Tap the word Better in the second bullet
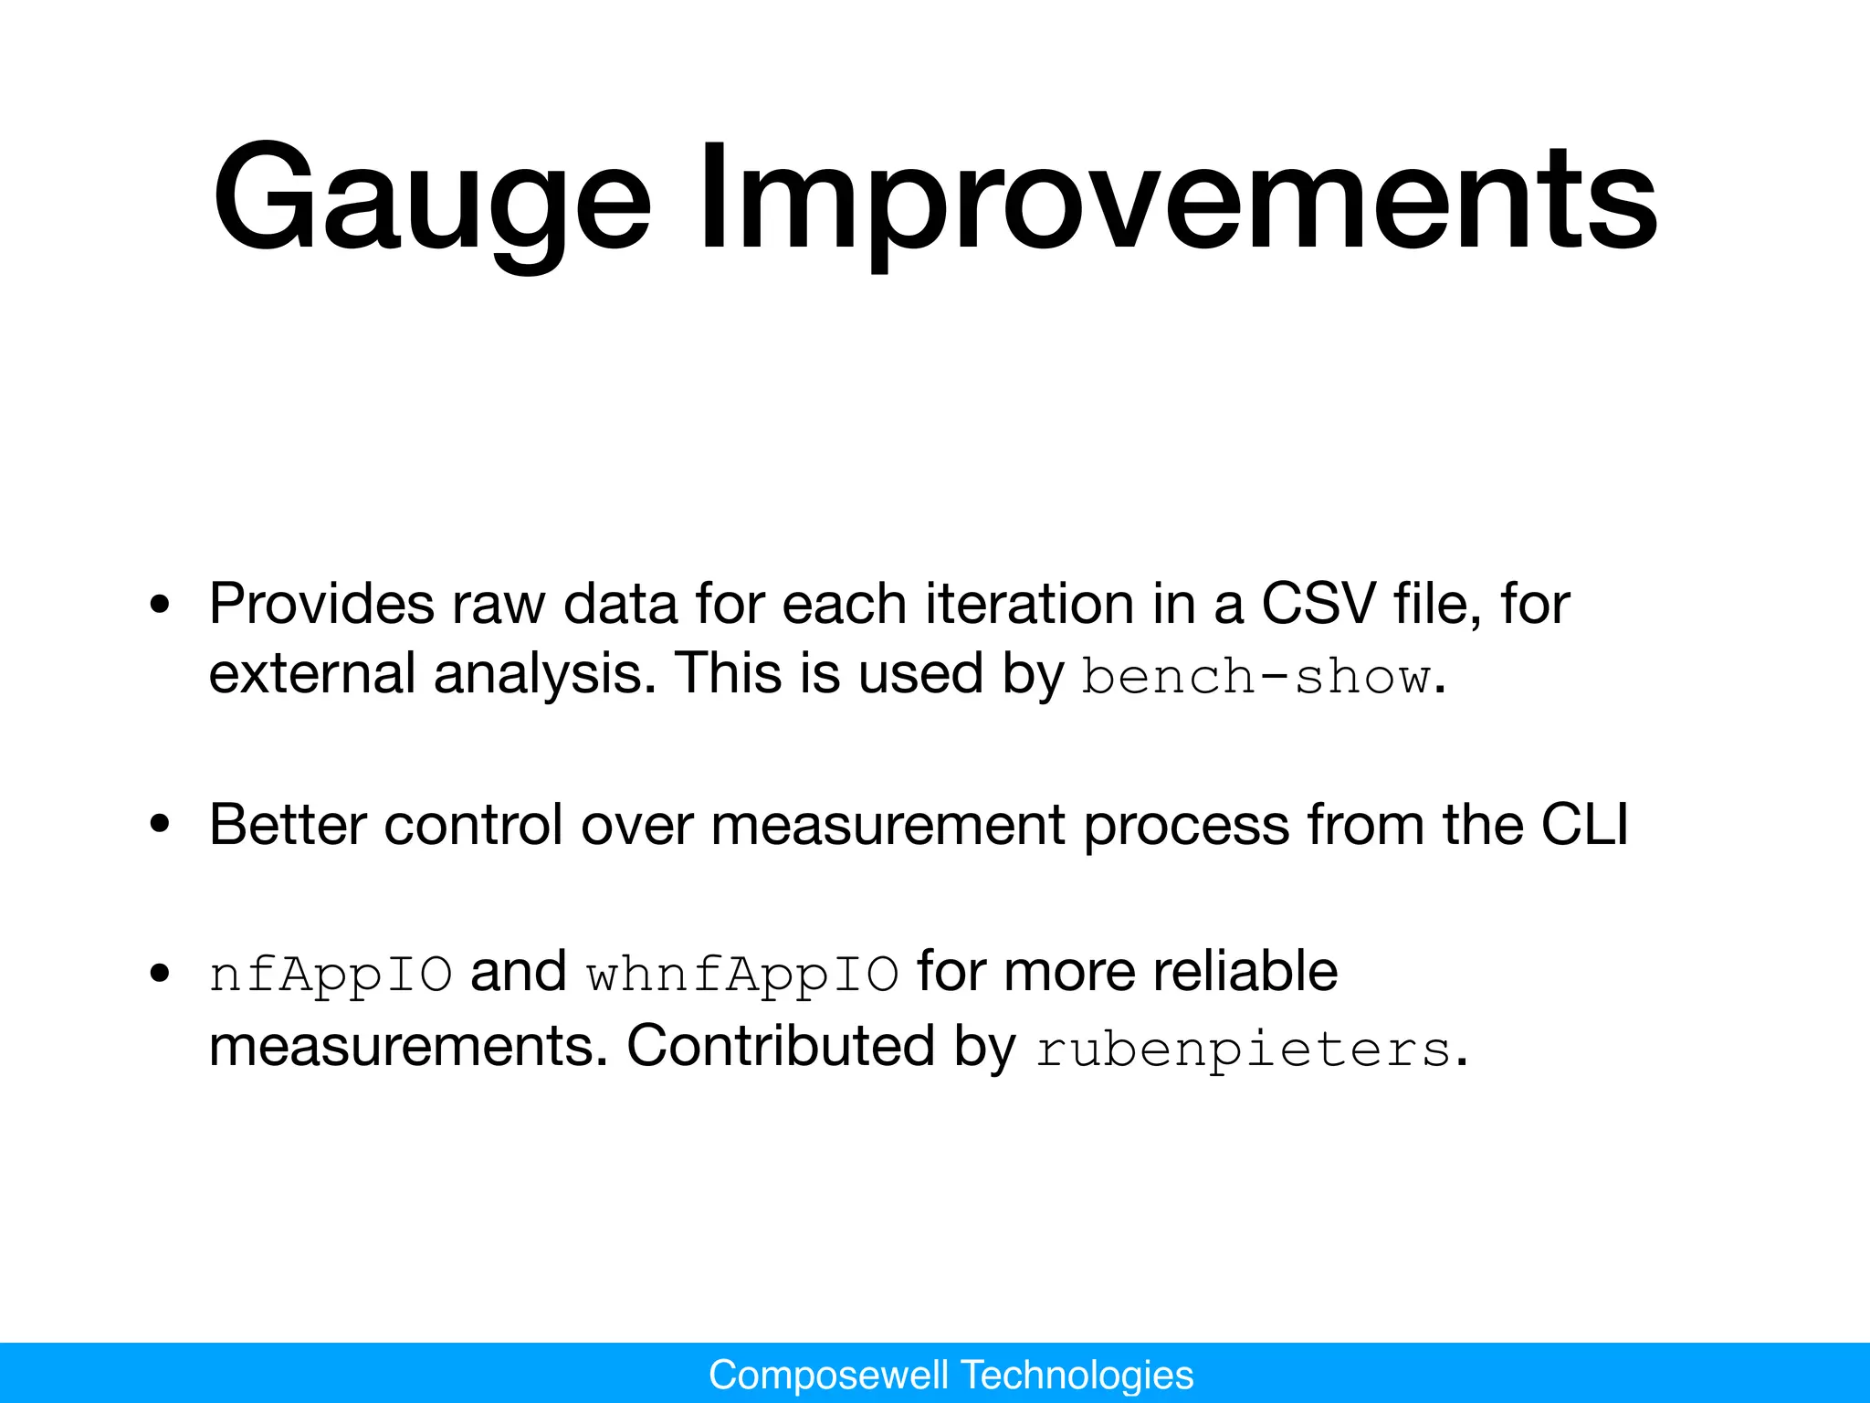click(x=288, y=824)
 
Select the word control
click(x=473, y=824)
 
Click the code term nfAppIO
click(x=331, y=975)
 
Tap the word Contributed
click(x=781, y=1045)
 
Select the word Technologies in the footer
click(x=1077, y=1375)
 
